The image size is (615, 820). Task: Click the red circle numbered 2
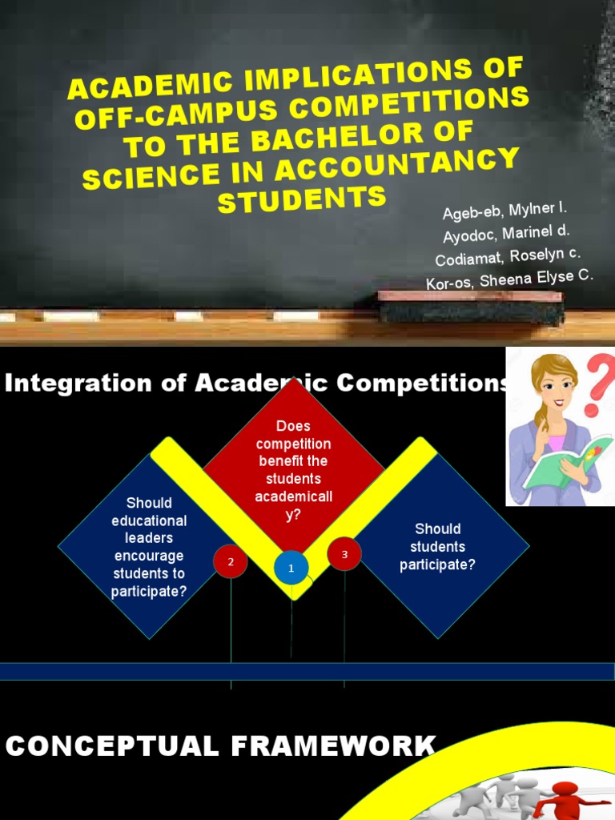coord(231,561)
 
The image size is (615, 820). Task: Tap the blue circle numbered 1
coord(291,568)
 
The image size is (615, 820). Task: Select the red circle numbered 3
coord(344,554)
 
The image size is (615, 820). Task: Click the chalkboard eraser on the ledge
coord(472,307)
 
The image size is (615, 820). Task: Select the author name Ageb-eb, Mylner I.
coord(504,211)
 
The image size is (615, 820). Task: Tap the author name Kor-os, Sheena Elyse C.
coord(510,277)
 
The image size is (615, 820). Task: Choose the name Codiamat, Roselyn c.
coord(508,255)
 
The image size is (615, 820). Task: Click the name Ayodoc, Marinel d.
coord(506,233)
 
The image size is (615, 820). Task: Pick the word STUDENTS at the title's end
coord(301,196)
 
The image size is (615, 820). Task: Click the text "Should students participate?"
coord(437,546)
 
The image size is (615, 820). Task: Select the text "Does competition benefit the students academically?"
coord(293,470)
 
